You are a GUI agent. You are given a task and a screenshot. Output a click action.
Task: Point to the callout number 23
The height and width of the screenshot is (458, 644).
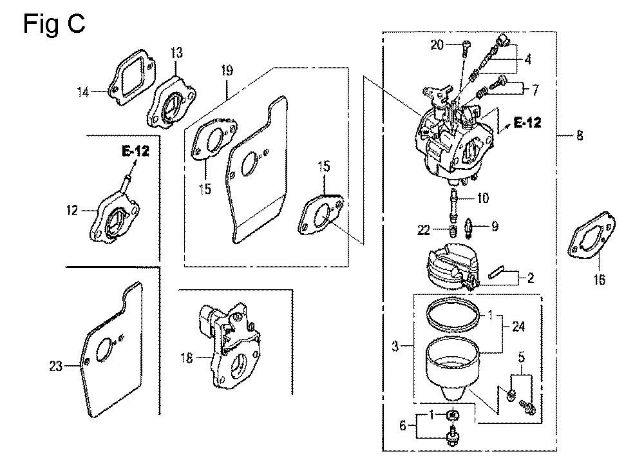[x=56, y=367]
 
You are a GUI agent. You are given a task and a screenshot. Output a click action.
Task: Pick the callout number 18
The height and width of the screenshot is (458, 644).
[x=187, y=358]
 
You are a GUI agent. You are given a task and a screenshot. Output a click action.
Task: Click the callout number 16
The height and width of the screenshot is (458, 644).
[x=600, y=280]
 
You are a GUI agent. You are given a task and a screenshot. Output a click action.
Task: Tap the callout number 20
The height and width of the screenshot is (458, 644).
[x=437, y=44]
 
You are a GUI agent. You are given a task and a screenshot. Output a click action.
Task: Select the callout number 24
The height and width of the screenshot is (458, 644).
[x=518, y=327]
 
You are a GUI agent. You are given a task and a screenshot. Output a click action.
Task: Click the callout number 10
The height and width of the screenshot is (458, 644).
[x=482, y=197]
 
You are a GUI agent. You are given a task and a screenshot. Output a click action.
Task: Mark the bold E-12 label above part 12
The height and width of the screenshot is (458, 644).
[x=135, y=152]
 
